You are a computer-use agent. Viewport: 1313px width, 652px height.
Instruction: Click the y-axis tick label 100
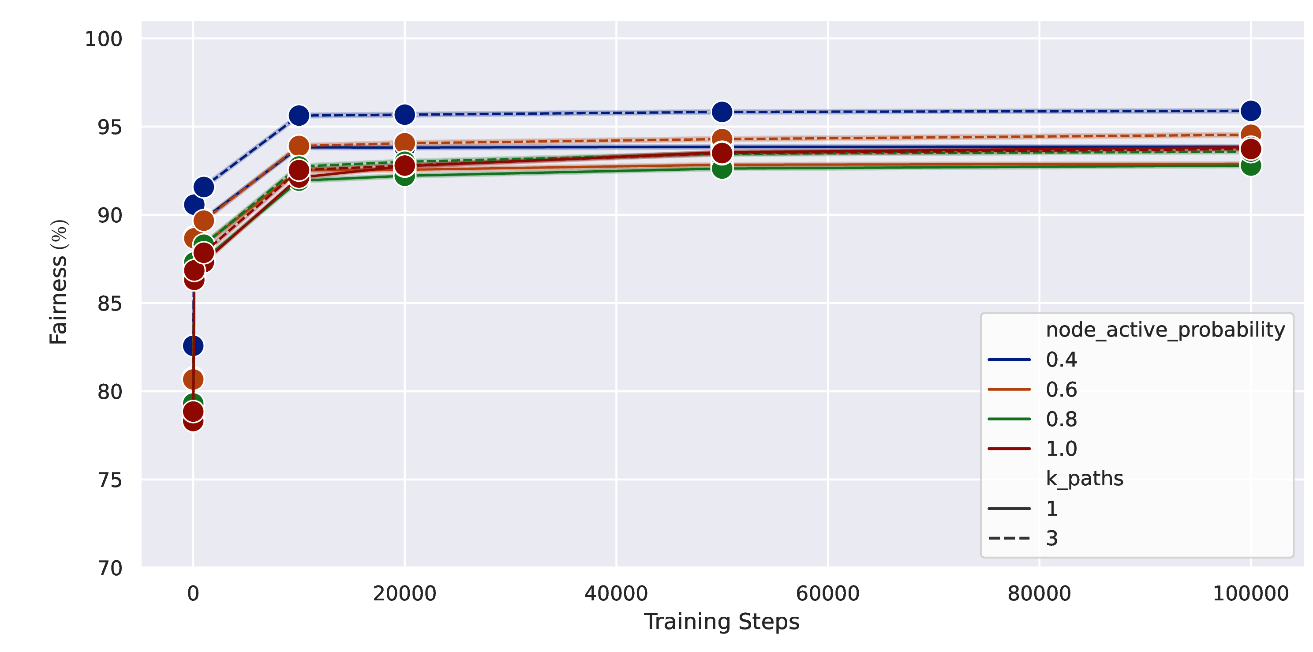point(104,39)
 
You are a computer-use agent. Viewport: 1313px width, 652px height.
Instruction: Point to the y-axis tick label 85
point(109,304)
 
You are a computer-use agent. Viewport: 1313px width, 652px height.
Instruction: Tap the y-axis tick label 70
point(109,568)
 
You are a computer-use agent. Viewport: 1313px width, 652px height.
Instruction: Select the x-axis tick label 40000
point(616,594)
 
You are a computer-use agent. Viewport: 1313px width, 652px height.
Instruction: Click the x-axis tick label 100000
point(1250,594)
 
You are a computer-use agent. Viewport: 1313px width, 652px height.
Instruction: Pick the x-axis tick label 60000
point(827,594)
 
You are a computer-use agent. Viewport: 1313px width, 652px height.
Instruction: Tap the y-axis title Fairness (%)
point(58,282)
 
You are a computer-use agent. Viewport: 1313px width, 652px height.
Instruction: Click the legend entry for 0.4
point(1032,360)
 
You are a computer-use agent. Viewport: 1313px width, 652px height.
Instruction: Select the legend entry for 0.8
point(1032,420)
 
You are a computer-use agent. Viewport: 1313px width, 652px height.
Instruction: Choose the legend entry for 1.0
point(1032,449)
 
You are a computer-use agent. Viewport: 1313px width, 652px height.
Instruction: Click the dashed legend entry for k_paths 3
point(1022,538)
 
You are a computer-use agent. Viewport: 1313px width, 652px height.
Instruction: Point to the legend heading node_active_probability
point(1165,330)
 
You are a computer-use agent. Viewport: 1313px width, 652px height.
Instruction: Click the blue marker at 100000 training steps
point(1250,111)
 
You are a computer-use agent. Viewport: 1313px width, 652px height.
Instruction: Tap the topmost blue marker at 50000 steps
point(722,112)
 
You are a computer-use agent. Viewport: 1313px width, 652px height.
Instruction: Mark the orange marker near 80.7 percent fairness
point(193,379)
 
